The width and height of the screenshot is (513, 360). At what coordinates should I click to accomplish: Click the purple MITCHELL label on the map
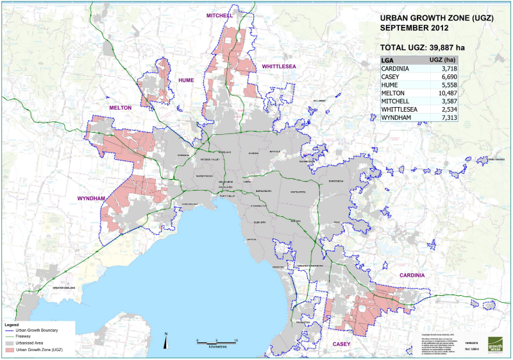point(219,15)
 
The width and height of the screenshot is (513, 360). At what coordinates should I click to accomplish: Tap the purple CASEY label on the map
point(341,345)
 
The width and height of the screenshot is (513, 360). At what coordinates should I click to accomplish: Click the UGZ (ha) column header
point(442,60)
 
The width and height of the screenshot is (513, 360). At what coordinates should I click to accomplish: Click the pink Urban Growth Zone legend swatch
point(9,350)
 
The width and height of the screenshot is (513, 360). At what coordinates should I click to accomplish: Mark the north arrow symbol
point(165,340)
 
